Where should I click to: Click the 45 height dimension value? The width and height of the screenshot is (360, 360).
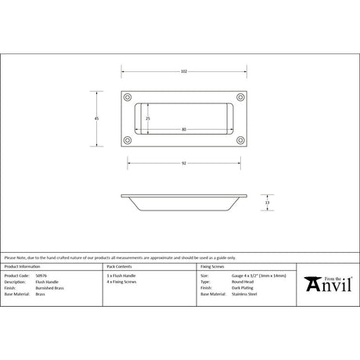point(96,118)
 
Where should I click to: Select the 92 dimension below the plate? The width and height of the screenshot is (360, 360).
point(183,163)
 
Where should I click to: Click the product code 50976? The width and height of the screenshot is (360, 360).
point(41,276)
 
